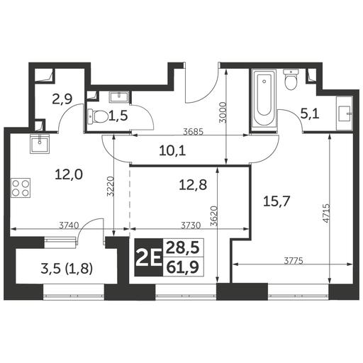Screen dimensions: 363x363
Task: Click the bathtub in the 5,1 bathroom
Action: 264,99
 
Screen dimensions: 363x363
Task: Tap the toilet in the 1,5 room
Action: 98,116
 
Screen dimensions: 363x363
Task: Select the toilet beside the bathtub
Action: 291,79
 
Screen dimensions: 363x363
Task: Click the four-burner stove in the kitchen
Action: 21,188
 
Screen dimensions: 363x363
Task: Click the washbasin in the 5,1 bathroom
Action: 344,113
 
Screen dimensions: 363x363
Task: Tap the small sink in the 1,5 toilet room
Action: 118,97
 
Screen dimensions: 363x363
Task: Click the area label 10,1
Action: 172,151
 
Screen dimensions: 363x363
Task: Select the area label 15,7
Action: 277,201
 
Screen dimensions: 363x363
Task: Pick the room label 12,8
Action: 193,185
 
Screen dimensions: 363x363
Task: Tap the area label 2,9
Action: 62,99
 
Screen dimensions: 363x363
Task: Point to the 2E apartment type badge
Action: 149,257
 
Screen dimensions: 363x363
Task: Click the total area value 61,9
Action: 182,267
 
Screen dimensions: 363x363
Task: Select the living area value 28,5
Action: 182,248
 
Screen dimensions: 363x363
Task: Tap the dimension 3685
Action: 194,131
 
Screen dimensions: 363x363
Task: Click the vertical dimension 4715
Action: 327,213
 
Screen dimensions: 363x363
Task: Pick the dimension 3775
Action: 294,261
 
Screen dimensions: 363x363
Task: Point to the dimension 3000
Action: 223,112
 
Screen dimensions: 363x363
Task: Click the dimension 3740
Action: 69,225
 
